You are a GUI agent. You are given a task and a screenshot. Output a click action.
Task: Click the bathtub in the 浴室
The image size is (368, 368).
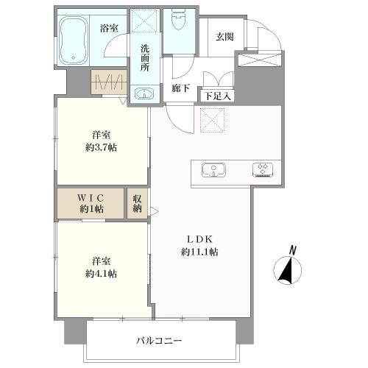click(x=74, y=40)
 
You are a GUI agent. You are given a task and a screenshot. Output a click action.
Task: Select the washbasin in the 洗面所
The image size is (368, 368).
click(x=145, y=93)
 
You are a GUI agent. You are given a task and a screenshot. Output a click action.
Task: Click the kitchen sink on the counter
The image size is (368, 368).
click(x=213, y=170)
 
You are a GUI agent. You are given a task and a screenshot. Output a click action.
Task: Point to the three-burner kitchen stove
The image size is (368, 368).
click(x=263, y=170)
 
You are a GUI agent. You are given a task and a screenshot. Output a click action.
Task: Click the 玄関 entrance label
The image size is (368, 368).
click(x=224, y=37)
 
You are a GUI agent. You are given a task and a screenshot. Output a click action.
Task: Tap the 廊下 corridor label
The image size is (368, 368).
click(x=180, y=88)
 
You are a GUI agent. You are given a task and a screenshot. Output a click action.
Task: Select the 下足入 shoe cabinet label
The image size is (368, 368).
click(x=218, y=96)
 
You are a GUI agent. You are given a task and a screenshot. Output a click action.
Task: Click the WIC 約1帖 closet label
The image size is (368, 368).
click(x=91, y=203)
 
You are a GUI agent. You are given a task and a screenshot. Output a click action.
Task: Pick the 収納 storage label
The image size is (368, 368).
click(x=138, y=203)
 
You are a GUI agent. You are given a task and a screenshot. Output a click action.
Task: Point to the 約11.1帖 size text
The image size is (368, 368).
click(x=199, y=252)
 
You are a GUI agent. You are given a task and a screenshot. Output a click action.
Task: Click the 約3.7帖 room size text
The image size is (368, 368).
click(x=101, y=148)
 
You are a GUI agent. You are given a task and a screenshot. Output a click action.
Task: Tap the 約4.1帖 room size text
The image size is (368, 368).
click(x=101, y=274)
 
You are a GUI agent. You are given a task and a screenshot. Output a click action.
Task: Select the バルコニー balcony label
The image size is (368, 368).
click(x=159, y=341)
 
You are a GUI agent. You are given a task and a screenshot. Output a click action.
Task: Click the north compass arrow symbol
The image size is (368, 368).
click(x=287, y=270)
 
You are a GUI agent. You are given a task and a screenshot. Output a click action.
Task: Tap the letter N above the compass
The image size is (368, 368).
click(x=292, y=250)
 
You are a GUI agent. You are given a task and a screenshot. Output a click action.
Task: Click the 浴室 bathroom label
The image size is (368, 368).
click(x=109, y=29)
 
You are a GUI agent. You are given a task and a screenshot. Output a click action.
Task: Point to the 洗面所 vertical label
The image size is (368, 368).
click(x=145, y=58)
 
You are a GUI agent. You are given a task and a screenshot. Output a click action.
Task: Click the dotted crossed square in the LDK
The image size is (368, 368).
click(x=213, y=121)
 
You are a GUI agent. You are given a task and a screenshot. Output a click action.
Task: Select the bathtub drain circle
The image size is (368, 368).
click(x=73, y=58)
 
